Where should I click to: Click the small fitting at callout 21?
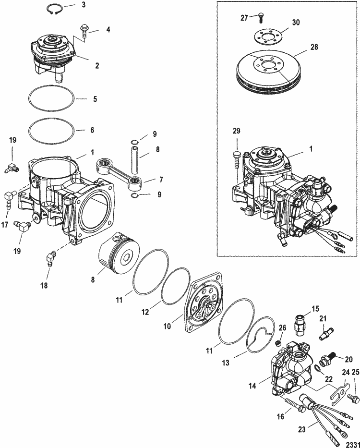point(327,331)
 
